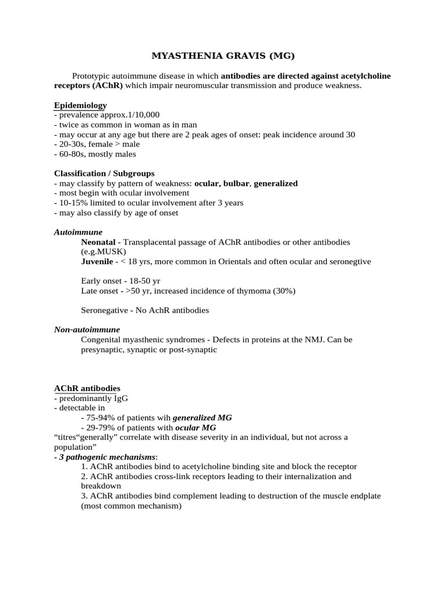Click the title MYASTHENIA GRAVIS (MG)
[223, 56]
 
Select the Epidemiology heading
[80, 105]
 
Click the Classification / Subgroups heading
[104, 173]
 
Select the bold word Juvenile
[97, 261]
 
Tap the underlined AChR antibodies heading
[87, 388]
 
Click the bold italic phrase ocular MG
[195, 427]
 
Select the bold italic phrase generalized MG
[202, 417]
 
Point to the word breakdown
[101, 486]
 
